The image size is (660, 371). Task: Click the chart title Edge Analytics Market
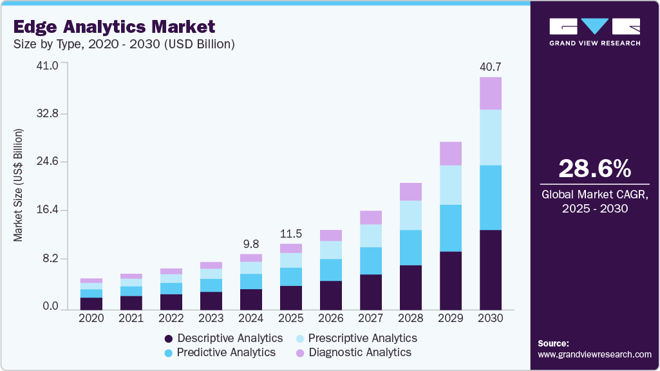tap(114, 27)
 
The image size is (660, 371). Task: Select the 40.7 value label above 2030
tap(491, 66)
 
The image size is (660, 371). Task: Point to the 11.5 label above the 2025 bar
tap(291, 233)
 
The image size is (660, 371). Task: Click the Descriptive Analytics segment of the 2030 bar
tap(491, 269)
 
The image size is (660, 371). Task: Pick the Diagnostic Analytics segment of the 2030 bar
tap(491, 93)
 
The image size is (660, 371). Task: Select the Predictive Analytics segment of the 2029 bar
tap(451, 228)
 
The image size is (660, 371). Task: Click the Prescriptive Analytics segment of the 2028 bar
tap(411, 215)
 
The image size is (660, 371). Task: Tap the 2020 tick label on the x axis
tap(91, 318)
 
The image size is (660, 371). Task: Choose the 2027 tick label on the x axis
tap(371, 318)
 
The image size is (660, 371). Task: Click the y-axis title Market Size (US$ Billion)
tap(18, 185)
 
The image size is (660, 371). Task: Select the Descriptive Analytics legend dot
tap(169, 339)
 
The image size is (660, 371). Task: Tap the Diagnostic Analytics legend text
tap(360, 352)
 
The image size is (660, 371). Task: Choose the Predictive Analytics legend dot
tap(169, 353)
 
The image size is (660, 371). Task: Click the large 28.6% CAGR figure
tap(594, 169)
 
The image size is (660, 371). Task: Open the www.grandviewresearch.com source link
tap(594, 354)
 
